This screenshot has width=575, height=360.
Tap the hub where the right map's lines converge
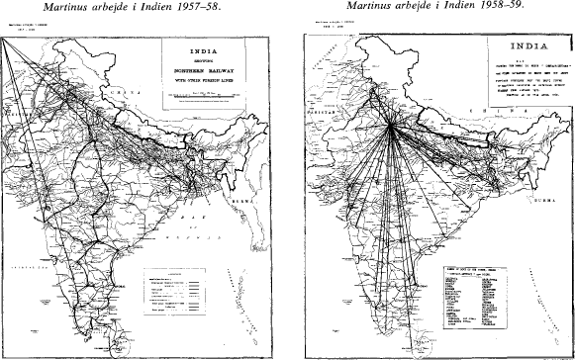click(x=393, y=125)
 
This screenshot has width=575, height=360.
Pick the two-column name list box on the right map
click(x=483, y=296)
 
